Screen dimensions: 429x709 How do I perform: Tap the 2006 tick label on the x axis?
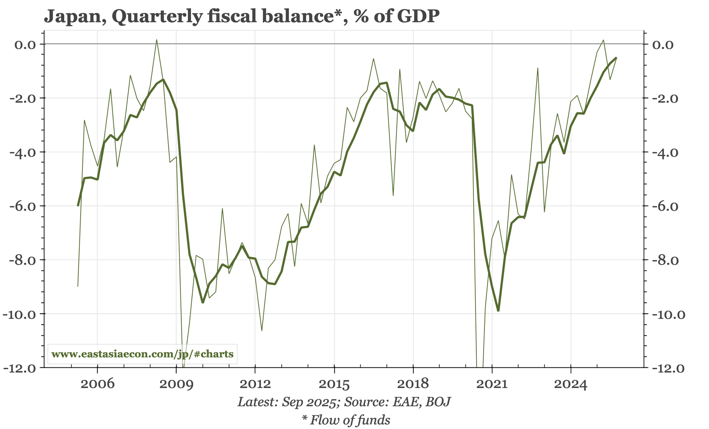(97, 384)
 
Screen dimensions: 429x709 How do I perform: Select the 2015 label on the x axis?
(334, 384)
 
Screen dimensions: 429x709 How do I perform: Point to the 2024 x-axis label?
(571, 384)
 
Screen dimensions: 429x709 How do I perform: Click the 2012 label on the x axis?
(255, 384)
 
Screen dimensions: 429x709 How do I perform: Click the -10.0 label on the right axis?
(665, 314)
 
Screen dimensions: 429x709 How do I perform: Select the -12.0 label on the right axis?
(665, 368)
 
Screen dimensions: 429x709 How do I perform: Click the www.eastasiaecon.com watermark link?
(142, 354)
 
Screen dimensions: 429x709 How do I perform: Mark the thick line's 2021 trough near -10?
(498, 311)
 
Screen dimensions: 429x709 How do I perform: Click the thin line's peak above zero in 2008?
(157, 40)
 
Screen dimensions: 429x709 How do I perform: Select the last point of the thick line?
(616, 58)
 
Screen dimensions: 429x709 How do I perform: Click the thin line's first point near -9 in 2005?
(78, 286)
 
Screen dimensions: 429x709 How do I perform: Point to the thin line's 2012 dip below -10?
(262, 331)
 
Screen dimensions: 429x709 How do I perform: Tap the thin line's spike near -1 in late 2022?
(538, 68)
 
